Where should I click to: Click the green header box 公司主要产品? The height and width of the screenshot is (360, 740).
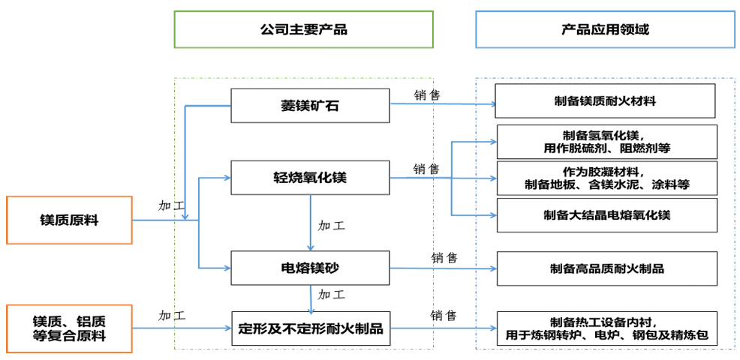pos(303,29)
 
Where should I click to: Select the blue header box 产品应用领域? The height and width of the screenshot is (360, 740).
pos(605,29)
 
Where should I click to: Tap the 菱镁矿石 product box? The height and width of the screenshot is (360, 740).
pos(310,106)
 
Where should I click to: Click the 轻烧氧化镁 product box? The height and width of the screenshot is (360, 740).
pos(310,178)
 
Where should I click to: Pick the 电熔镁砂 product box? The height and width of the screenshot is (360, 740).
pos(310,268)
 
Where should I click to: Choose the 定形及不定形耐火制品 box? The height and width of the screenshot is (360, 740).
pos(310,328)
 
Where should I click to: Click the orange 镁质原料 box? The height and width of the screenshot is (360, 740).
pos(69,220)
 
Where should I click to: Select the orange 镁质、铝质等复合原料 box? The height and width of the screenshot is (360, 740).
pos(69,328)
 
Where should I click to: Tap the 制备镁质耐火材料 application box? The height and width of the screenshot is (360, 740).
pos(606,100)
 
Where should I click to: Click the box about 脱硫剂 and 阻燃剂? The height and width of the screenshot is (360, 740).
pos(606,141)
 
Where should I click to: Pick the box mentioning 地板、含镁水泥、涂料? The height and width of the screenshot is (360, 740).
pos(606,178)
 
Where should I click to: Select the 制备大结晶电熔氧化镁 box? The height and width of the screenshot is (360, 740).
pos(606,215)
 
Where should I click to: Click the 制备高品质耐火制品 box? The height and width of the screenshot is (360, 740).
pos(606,268)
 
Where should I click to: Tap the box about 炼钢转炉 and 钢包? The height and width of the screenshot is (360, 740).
pos(606,328)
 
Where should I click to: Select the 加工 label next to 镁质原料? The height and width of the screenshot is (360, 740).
pos(172,205)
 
